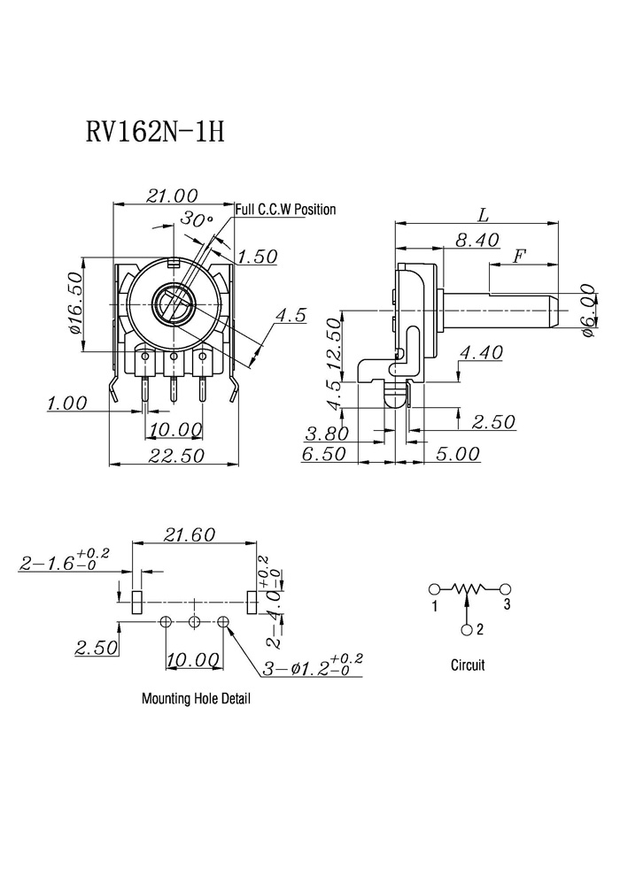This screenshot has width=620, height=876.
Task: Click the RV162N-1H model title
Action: pos(155,133)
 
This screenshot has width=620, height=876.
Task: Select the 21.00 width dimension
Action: pos(172,196)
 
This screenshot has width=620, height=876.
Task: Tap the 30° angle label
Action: pos(197,219)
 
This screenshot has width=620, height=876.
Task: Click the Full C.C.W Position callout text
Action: pos(286,210)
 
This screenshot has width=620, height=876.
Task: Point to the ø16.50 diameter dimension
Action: pos(75,304)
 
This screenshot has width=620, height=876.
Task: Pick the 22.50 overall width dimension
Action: pos(176,456)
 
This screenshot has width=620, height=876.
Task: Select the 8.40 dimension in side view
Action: pos(477,240)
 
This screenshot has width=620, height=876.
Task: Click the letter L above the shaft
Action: pos(483,214)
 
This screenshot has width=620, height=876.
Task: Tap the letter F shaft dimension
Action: pos(520,257)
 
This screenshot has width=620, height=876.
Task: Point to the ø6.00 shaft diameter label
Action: pos(588,311)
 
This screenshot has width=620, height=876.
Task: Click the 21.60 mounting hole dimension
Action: pos(190,534)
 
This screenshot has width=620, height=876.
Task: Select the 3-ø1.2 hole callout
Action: pos(313,665)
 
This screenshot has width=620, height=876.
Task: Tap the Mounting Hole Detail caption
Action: pos(196,698)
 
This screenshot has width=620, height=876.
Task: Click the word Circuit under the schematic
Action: pos(468,665)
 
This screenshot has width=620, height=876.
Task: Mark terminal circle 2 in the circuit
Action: pos(468,630)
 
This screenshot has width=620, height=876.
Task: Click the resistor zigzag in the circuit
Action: pos(469,588)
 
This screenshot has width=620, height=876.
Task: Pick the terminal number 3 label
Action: pos(507,604)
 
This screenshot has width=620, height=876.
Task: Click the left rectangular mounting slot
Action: pos(137,602)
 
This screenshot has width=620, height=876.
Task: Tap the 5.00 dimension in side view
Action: pos(457,454)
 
